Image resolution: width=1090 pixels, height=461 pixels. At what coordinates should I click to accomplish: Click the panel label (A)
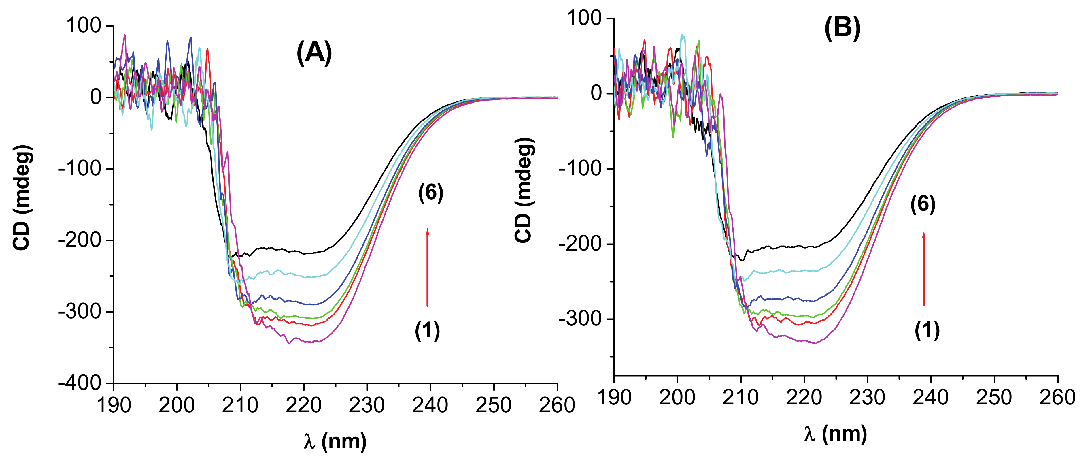point(314,53)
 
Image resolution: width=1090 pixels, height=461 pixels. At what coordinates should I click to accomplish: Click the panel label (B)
point(842,28)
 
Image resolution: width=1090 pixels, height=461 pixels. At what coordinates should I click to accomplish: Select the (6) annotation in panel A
point(431,193)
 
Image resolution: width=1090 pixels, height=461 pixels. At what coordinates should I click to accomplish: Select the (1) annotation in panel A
point(427,331)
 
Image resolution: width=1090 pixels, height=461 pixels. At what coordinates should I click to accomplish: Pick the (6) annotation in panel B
point(923,205)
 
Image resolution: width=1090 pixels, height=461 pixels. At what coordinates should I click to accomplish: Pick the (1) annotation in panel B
point(927,330)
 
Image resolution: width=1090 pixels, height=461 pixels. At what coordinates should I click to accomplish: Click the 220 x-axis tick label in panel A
point(303,405)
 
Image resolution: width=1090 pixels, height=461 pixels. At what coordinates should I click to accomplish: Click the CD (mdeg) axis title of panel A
point(22,198)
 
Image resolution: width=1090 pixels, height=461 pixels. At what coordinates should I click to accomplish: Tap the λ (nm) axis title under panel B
point(836,434)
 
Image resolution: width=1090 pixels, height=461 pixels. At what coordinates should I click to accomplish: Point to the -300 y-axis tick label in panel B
point(581,319)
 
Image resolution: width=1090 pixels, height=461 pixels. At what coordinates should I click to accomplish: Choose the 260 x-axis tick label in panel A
point(557,405)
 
